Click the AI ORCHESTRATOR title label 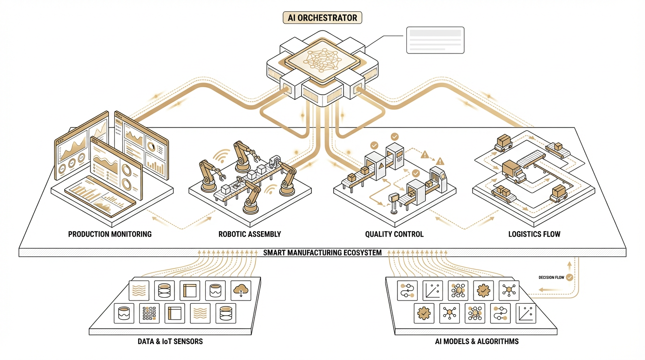tap(322, 18)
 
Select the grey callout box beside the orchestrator tap(435, 40)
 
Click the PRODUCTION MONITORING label tap(110, 234)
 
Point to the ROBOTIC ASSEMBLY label tap(250, 234)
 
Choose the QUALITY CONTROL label tap(394, 234)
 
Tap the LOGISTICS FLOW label tap(534, 234)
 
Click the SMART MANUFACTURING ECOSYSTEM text tap(322, 253)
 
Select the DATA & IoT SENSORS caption tap(170, 341)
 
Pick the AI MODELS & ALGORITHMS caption tap(477, 341)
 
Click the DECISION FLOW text tap(552, 277)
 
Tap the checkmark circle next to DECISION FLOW tap(570, 277)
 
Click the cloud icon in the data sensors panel tap(241, 291)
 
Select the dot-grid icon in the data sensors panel tap(149, 313)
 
